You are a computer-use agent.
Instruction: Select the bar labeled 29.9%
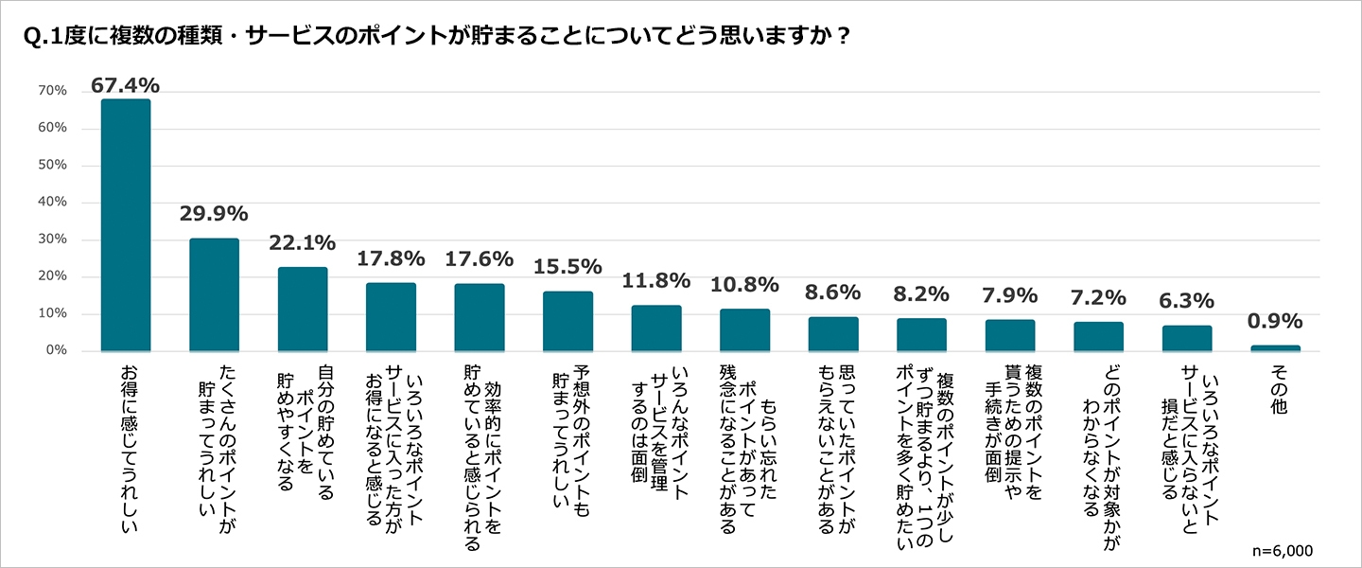[x=214, y=294]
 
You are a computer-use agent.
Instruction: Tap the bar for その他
[x=1275, y=348]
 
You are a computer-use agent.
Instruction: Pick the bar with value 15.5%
[x=567, y=321]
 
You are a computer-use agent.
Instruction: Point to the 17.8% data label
[x=391, y=259]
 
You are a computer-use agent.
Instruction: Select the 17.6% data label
[x=479, y=259]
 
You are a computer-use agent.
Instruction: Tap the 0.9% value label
[x=1275, y=322]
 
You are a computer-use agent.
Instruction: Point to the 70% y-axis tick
[x=53, y=91]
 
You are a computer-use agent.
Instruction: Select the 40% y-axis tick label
[x=53, y=203]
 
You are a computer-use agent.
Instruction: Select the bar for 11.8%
[x=655, y=328]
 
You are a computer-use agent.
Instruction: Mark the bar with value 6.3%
[x=1187, y=338]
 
